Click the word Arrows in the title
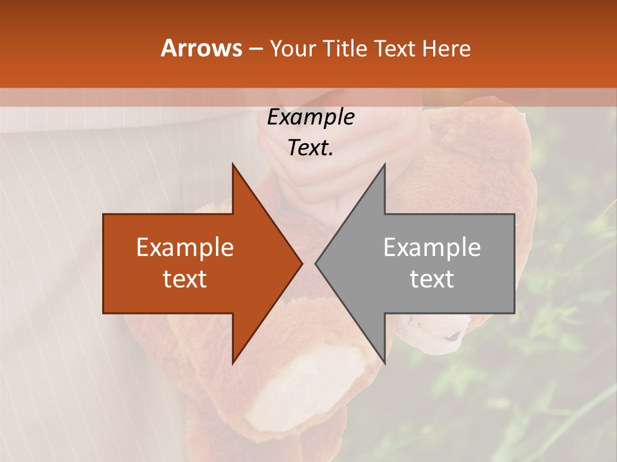coord(201,48)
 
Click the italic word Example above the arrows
coord(310,117)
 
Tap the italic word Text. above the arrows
coord(310,148)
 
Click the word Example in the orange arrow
coord(185,247)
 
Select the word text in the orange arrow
coord(185,279)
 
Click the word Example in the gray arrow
coord(432,247)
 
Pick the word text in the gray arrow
coord(432,279)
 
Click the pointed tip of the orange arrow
coord(301,263)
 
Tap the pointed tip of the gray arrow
coord(316,263)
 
